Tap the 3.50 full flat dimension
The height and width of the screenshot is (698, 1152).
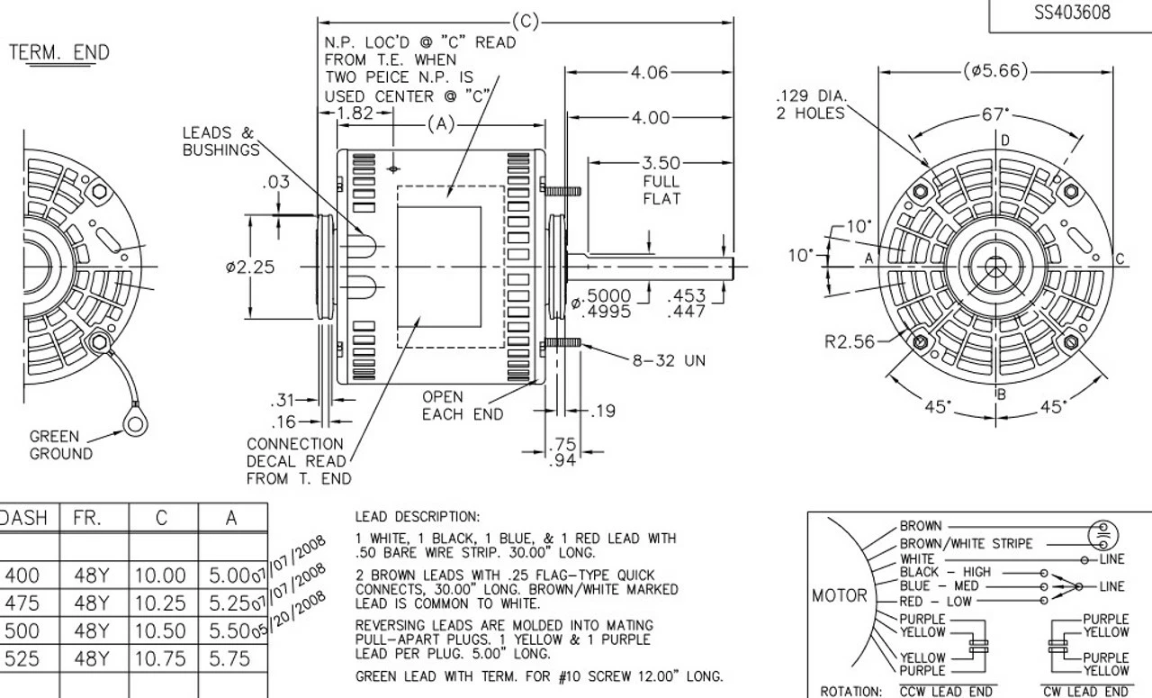[661, 164]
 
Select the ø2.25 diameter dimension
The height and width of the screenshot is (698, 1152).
[250, 267]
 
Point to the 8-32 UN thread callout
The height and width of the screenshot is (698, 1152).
[668, 360]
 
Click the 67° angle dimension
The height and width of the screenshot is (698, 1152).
[995, 114]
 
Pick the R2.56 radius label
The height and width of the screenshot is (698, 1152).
[849, 341]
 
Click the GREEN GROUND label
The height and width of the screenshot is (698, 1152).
[60, 445]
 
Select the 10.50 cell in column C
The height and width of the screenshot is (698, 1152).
[160, 630]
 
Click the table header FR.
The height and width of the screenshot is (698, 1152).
[86, 518]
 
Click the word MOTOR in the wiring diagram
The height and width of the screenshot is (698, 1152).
[839, 595]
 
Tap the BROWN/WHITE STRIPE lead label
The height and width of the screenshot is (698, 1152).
[967, 543]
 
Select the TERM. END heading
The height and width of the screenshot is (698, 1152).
[59, 52]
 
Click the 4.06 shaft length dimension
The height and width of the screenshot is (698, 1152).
[649, 73]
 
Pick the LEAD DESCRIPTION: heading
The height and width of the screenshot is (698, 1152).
[417, 517]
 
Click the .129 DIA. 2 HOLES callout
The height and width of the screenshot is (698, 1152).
[811, 104]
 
